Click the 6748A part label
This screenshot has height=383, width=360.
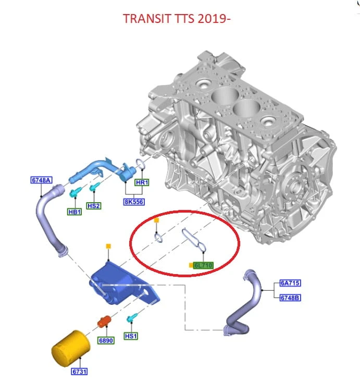(41, 180)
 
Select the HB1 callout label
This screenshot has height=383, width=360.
(75, 212)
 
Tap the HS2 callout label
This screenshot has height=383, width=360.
(94, 206)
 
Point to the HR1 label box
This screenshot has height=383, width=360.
(142, 182)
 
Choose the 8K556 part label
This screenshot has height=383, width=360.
(134, 202)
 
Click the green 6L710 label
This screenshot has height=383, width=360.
(203, 265)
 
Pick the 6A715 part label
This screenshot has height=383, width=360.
(290, 283)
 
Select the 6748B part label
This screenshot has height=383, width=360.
(290, 298)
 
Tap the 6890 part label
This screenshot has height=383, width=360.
(106, 340)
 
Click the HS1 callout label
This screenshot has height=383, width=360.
(131, 336)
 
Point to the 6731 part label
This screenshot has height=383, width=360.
(79, 372)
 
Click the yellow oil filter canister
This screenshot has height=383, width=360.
(71, 349)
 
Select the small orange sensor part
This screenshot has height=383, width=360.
(104, 321)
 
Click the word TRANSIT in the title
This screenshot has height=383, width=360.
(147, 19)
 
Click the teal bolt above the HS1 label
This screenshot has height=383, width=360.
(132, 318)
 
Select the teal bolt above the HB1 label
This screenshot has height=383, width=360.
(75, 192)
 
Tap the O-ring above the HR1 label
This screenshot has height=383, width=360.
(141, 164)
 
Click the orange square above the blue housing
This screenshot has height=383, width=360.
(108, 246)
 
